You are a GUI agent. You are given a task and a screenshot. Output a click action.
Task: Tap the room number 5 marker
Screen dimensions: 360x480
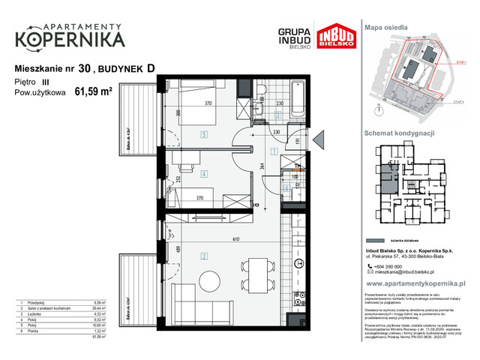click(x=204, y=135)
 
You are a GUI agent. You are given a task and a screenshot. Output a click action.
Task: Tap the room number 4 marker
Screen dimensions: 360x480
click(x=204, y=174)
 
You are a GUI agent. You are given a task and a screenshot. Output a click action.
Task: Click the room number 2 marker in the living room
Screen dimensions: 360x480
click(x=205, y=256)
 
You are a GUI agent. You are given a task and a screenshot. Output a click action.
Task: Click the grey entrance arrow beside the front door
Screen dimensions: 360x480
click(x=317, y=139)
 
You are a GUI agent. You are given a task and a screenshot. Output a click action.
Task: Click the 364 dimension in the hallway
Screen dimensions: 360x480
click(x=262, y=166)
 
